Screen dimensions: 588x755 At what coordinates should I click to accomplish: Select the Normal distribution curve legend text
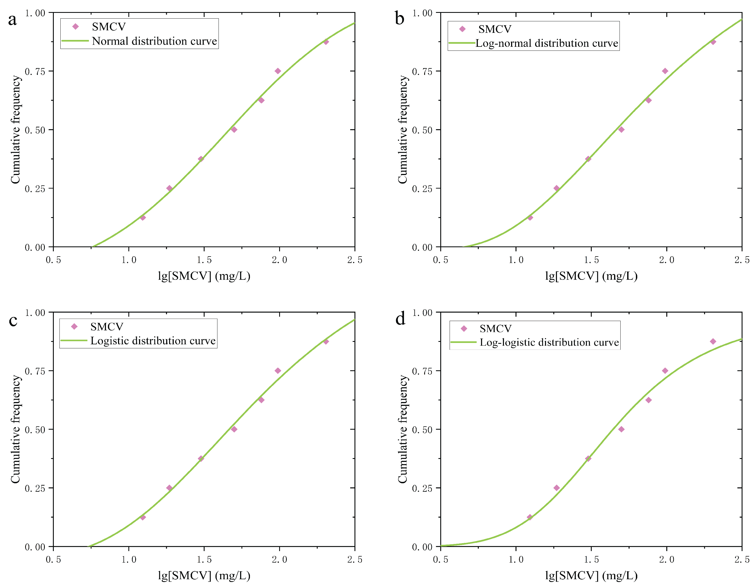[x=154, y=41]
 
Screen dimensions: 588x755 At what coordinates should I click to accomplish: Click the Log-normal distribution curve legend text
[x=547, y=43]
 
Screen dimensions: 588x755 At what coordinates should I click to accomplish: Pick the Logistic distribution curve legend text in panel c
[x=153, y=341]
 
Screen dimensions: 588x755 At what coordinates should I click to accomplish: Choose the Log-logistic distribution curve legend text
[x=549, y=342]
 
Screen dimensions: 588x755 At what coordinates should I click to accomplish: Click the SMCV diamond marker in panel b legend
[x=462, y=29]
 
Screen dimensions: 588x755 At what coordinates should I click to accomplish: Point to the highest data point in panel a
[x=326, y=42]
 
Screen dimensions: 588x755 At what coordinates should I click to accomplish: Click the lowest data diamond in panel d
[x=530, y=517]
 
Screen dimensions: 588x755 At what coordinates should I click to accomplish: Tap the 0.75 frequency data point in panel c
[x=278, y=371]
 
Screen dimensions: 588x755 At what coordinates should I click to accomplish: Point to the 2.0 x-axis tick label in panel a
[x=279, y=260]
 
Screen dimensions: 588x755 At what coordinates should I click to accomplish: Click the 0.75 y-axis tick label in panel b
[x=422, y=72]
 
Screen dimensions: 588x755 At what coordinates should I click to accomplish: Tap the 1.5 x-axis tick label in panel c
[x=204, y=560]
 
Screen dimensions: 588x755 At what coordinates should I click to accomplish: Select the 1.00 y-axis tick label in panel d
[x=422, y=313]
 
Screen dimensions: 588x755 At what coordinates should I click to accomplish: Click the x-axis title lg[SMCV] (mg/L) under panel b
[x=591, y=276]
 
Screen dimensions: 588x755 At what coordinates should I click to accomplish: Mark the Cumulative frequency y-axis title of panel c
[x=16, y=429]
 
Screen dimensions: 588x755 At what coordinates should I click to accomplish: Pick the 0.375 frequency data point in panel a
[x=201, y=159]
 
